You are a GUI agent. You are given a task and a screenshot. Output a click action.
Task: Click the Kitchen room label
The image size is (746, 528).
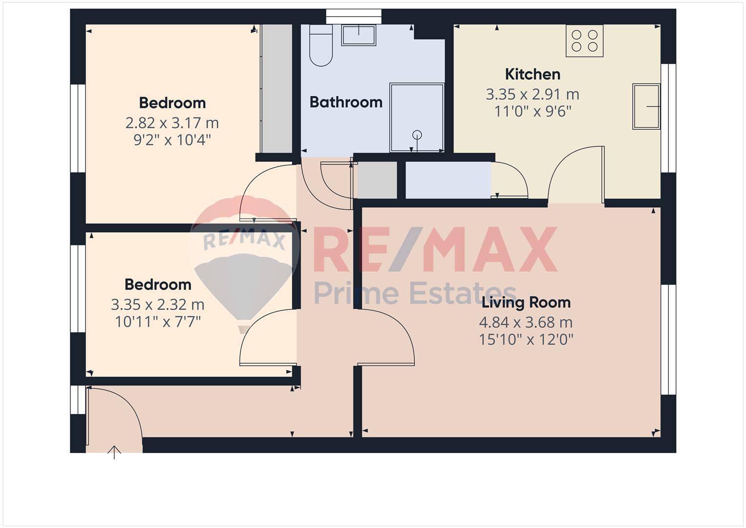click(x=533, y=74)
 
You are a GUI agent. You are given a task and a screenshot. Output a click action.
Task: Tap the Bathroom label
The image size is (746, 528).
click(x=346, y=102)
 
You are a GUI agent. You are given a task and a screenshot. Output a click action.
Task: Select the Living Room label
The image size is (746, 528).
click(x=526, y=303)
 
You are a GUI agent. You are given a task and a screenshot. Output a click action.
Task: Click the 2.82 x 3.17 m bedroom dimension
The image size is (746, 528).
click(x=172, y=123)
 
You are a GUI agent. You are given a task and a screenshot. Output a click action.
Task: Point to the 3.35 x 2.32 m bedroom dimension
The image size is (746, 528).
click(x=157, y=305)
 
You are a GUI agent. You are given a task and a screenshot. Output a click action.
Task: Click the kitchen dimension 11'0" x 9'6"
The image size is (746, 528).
click(x=533, y=111)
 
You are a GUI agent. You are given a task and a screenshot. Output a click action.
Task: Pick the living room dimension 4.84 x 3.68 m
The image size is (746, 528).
click(x=526, y=322)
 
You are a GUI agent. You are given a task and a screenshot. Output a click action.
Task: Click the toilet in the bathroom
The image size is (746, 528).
click(x=321, y=46)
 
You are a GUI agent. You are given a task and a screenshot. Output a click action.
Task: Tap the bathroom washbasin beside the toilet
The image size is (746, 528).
click(x=359, y=35)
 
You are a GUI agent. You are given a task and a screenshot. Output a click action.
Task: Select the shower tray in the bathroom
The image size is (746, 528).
click(x=417, y=117)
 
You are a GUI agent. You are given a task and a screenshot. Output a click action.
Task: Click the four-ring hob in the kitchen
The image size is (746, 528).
click(x=585, y=41)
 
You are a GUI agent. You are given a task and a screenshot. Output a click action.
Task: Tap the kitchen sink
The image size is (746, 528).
click(x=646, y=107)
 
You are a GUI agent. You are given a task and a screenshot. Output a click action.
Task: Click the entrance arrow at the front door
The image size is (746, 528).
click(x=114, y=452)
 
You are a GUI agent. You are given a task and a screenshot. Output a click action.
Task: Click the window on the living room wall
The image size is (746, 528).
click(x=668, y=339)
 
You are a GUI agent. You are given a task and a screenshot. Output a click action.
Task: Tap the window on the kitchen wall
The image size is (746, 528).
click(x=668, y=118)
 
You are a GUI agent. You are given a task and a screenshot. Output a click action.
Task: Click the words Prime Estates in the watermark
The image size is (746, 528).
click(x=415, y=293)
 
